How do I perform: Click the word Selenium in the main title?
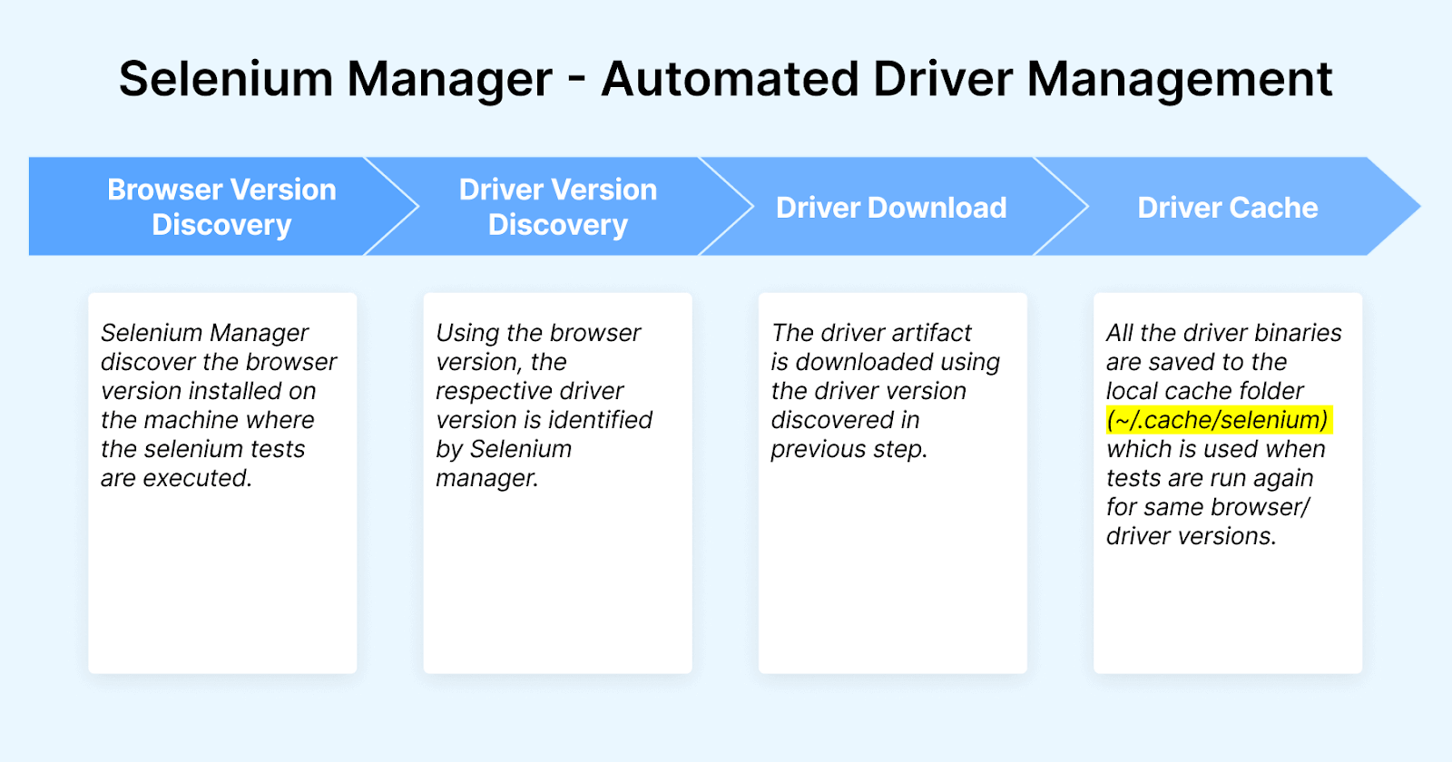pyautogui.click(x=226, y=79)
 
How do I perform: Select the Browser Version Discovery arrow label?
pyautogui.click(x=221, y=207)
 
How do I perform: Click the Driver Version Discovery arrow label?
pyautogui.click(x=557, y=207)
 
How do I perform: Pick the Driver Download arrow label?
pyautogui.click(x=891, y=208)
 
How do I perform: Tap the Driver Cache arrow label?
pyautogui.click(x=1227, y=208)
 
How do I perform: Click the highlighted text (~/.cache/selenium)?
pyautogui.click(x=1218, y=420)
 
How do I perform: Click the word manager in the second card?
pyautogui.click(x=486, y=478)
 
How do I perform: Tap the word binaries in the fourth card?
pyautogui.click(x=1299, y=333)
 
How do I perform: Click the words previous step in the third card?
pyautogui.click(x=849, y=449)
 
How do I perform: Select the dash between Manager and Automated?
pyautogui.click(x=576, y=80)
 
